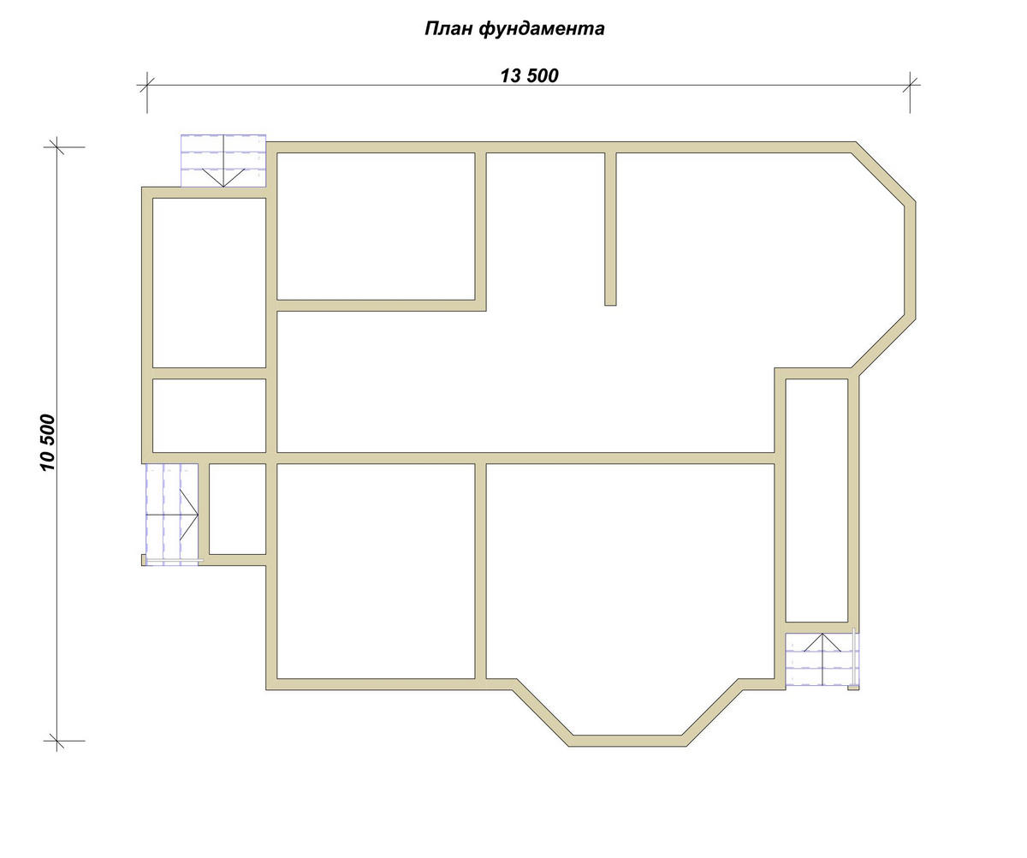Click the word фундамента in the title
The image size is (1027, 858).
[x=542, y=29]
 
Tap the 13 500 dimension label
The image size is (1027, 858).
[x=529, y=76]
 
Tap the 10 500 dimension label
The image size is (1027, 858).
[x=48, y=443]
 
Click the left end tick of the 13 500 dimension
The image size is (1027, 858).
[x=147, y=85]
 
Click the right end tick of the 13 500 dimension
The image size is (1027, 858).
[x=910, y=85]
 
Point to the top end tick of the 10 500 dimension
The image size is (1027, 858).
[x=56, y=146]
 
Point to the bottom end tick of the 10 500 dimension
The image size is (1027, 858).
[x=56, y=741]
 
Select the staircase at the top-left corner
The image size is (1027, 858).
[x=223, y=160]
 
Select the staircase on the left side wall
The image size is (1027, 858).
[x=172, y=514]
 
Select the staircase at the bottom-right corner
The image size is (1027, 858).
[x=822, y=659]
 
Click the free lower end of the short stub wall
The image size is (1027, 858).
[x=610, y=305]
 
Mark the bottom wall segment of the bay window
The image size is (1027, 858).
[x=627, y=741]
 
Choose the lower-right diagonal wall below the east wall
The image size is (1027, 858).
[x=883, y=345]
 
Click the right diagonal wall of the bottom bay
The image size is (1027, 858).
[x=713, y=712]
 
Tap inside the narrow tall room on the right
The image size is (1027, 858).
[x=816, y=500]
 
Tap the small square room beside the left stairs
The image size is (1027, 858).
[x=238, y=509]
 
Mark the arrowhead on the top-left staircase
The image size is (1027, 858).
[x=223, y=178]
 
